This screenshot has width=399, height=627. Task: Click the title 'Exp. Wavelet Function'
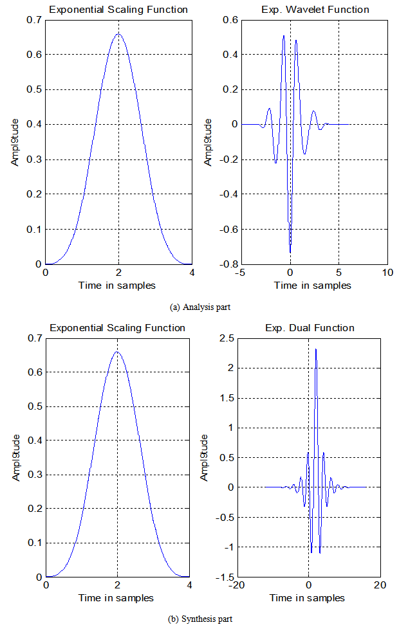[315, 10]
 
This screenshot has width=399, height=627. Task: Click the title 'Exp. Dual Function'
[310, 328]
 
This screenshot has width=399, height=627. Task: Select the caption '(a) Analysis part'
[200, 307]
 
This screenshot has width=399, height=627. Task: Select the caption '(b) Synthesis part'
[199, 619]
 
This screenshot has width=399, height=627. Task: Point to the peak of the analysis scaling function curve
[118, 34]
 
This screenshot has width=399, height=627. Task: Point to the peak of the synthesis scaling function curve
[117, 352]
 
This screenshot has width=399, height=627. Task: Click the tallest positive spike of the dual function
[316, 349]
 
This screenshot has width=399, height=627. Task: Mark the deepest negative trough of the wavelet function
[290, 252]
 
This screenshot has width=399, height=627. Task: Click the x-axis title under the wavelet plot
[315, 285]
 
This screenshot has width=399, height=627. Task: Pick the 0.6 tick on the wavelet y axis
[230, 20]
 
